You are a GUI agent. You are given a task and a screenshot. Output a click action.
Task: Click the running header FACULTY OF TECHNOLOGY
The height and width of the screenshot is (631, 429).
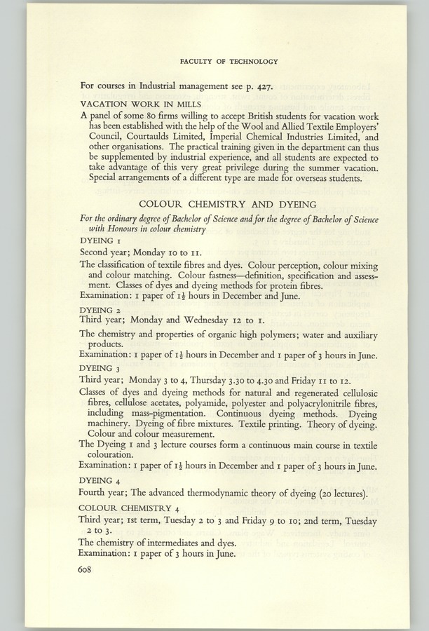pyautogui.click(x=229, y=62)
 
